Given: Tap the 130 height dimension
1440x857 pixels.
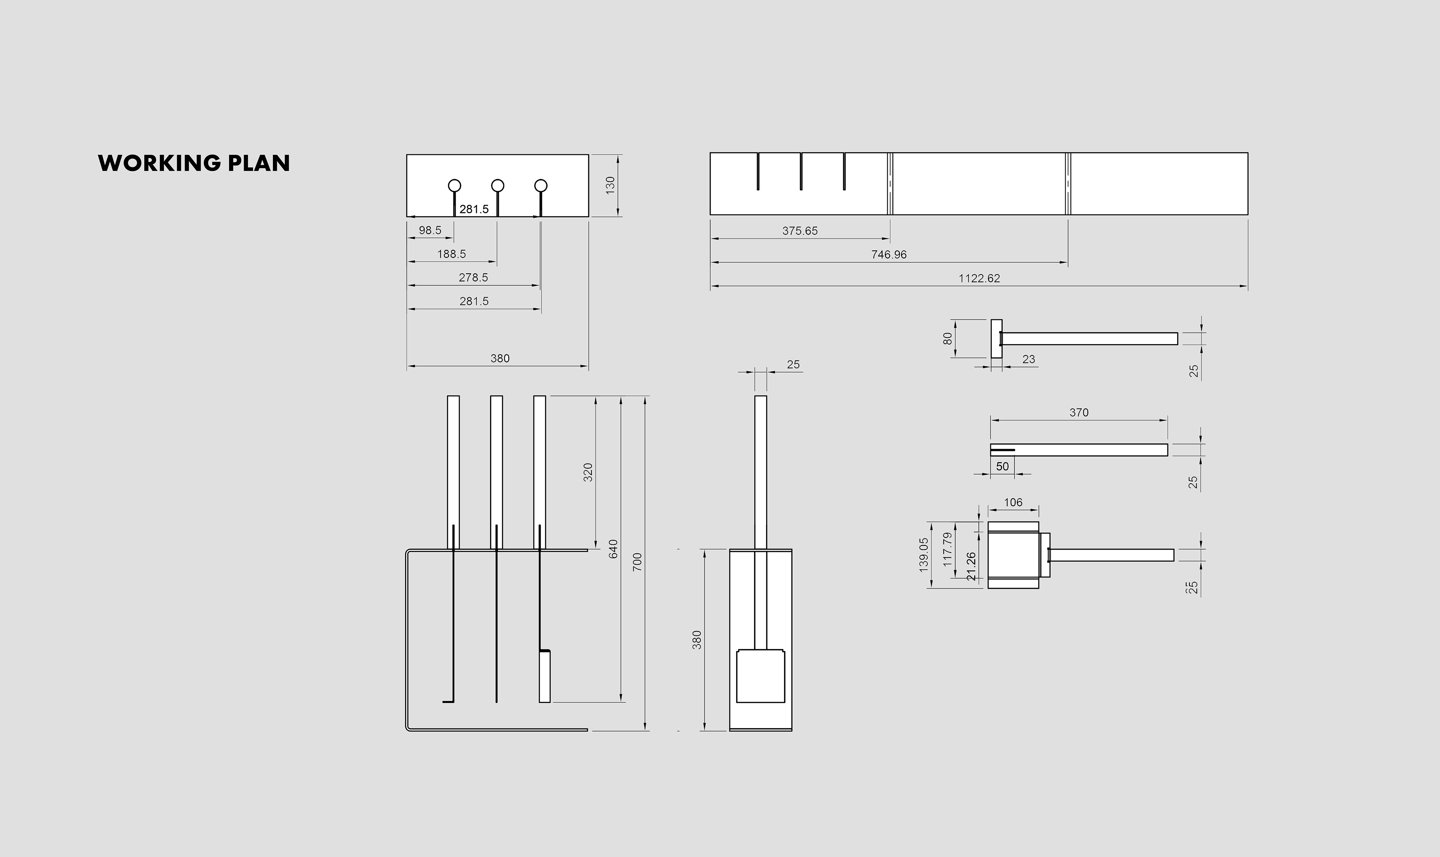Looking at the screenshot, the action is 610,185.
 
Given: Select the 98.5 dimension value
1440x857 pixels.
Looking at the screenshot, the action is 430,231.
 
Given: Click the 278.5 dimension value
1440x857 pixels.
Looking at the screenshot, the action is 473,278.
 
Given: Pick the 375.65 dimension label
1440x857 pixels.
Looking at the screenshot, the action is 800,231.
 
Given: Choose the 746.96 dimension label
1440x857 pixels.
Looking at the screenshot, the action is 889,255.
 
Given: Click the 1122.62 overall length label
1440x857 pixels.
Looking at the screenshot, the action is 979,278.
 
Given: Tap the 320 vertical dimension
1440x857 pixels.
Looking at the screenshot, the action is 588,472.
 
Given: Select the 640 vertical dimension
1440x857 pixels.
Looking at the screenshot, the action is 613,548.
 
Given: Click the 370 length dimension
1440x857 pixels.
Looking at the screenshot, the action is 1078,412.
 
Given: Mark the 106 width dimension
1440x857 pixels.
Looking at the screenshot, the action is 1013,502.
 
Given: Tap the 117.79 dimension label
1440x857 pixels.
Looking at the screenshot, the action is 947,549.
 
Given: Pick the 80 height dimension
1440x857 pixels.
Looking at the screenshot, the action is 947,339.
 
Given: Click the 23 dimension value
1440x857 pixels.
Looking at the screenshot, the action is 1028,359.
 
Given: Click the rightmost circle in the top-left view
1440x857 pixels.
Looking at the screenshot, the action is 541,186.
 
